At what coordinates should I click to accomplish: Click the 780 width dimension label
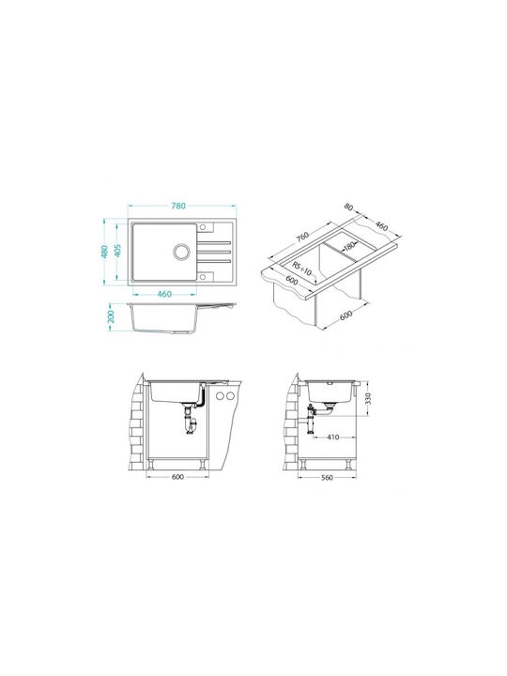[178, 206]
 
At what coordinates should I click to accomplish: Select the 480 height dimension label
[104, 252]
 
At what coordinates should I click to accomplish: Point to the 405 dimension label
[117, 251]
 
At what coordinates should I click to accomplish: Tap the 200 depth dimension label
[111, 316]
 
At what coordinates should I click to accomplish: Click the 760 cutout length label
[302, 238]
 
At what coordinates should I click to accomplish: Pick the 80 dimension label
[348, 207]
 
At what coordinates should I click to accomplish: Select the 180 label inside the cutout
[348, 246]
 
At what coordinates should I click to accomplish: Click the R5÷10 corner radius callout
[301, 268]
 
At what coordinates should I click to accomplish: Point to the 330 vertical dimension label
[368, 399]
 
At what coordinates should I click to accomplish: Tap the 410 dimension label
[332, 438]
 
